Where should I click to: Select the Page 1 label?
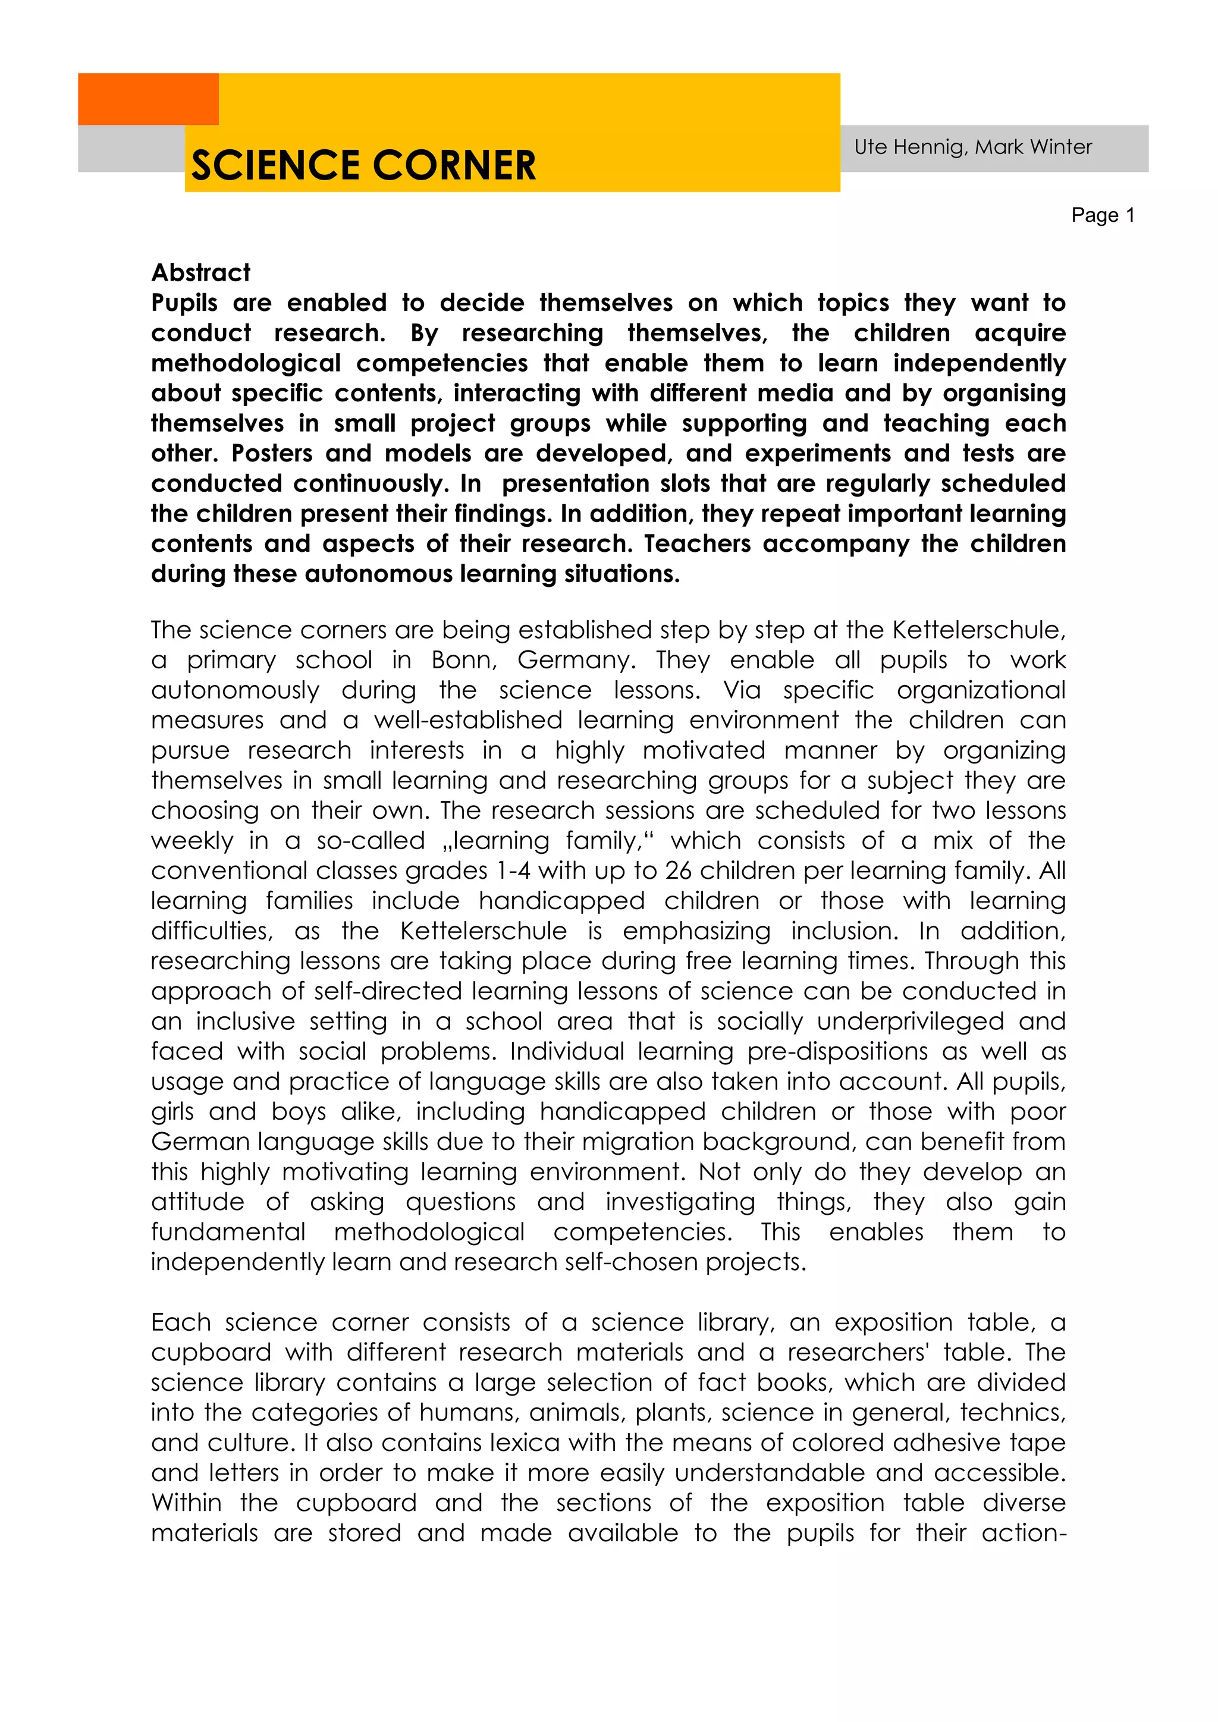pyautogui.click(x=1103, y=215)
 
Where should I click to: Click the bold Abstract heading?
pyautogui.click(x=201, y=272)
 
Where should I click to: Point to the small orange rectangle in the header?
pyautogui.click(x=147, y=98)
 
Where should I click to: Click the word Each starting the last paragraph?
pyautogui.click(x=181, y=1322)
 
